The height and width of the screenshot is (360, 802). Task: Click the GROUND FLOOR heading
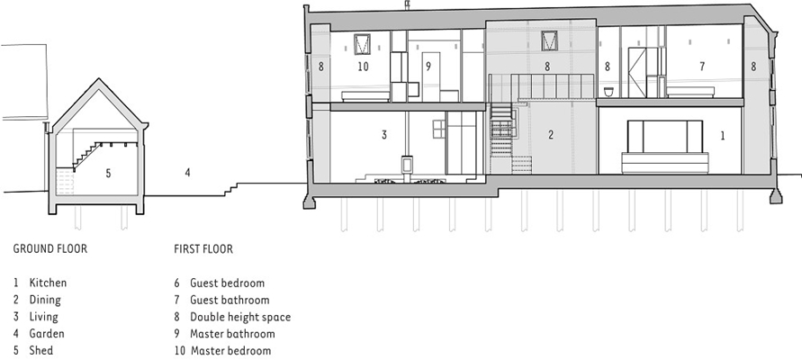pos(50,249)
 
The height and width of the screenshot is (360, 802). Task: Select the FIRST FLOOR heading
pos(203,249)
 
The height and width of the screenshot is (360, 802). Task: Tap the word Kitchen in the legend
pos(48,283)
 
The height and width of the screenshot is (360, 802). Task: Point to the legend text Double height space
pos(240,317)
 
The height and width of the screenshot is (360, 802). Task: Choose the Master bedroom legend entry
pos(230,351)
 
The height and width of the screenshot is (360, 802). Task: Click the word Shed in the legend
pos(41,351)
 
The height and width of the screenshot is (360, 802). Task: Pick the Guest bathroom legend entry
pos(230,301)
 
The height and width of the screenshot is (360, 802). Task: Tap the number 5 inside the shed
pos(108,174)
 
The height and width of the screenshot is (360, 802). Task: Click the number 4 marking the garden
pos(188,173)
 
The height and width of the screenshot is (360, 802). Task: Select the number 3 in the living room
pos(383,134)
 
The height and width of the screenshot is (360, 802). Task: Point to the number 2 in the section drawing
pos(550,134)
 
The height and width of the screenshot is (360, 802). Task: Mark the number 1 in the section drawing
pos(723,136)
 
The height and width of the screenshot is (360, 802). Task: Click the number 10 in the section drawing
pos(363,67)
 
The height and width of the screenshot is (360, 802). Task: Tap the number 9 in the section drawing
pos(428,67)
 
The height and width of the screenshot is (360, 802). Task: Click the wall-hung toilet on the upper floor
pos(608,92)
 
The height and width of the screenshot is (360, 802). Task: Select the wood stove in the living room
pos(407,165)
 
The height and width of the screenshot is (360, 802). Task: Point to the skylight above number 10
pos(362,43)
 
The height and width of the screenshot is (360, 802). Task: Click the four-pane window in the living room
pos(439,129)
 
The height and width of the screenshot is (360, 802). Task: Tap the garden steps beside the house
pos(231,189)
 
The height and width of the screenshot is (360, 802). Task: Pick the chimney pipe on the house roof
pos(408,5)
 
